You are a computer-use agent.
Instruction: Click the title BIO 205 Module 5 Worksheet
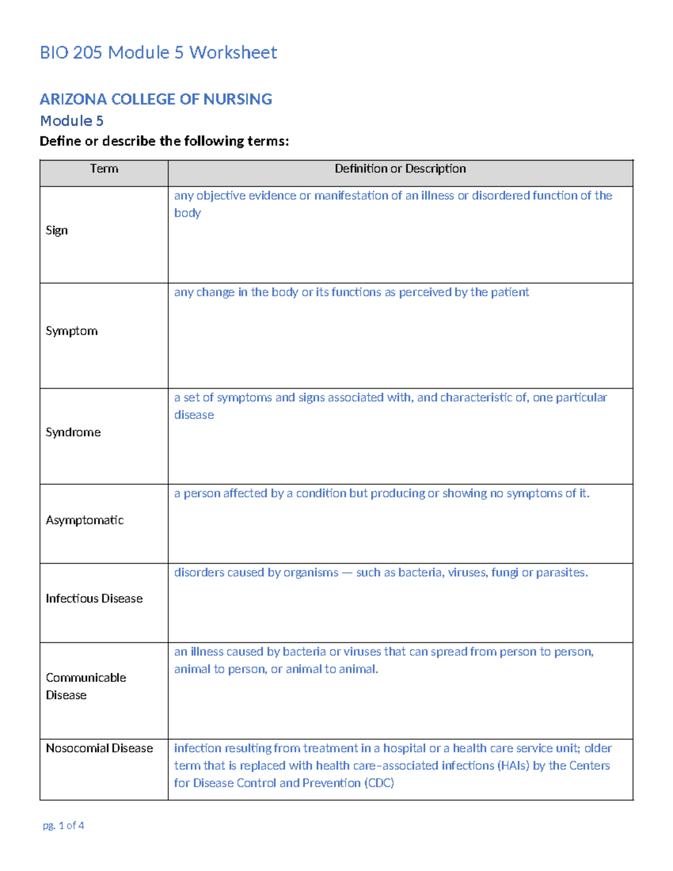[x=158, y=53]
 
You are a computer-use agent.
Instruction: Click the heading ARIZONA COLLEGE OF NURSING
[x=156, y=99]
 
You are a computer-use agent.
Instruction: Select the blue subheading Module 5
[x=72, y=121]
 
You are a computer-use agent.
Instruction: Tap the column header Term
[x=104, y=169]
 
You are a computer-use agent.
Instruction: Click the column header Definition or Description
[x=400, y=169]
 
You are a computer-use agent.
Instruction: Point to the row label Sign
[x=57, y=231]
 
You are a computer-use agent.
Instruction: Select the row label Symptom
[x=71, y=331]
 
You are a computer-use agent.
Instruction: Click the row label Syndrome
[x=73, y=432]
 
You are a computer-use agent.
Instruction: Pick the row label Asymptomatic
[x=85, y=520]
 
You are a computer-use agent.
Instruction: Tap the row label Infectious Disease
[x=94, y=599]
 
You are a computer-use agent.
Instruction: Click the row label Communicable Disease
[x=85, y=686]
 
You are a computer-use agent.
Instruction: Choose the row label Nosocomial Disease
[x=99, y=749]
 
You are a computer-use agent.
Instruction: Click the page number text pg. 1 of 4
[x=63, y=826]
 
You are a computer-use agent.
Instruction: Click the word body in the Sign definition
[x=187, y=213]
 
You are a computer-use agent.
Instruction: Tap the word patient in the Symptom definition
[x=510, y=292]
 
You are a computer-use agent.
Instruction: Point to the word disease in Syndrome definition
[x=194, y=415]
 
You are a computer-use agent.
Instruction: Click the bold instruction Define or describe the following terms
[x=164, y=141]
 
